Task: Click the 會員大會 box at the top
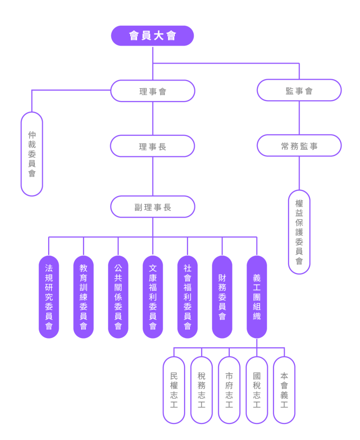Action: (153, 36)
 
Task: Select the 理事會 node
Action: (153, 91)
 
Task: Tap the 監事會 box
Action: (299, 91)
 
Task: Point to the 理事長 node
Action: (153, 147)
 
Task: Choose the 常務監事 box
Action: (299, 146)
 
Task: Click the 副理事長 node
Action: (153, 207)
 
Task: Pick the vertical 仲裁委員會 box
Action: (32, 154)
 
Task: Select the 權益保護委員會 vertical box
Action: (299, 232)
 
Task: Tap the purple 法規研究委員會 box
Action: (49, 296)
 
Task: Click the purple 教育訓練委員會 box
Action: (83, 296)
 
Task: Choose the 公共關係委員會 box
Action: (118, 296)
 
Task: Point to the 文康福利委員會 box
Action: (153, 296)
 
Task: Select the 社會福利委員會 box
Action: (187, 296)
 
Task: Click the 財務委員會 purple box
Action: (222, 296)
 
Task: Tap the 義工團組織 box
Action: (257, 296)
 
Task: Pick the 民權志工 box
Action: (174, 390)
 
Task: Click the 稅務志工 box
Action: (201, 390)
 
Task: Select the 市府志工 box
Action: (229, 390)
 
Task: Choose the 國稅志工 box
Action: (256, 390)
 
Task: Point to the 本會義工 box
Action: (284, 390)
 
